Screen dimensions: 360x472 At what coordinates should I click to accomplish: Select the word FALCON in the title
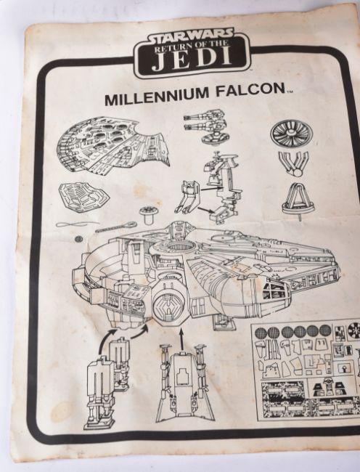(250, 89)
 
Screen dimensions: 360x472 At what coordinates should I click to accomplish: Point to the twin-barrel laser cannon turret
(207, 127)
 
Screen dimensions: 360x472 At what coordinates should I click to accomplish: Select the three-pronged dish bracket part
(293, 163)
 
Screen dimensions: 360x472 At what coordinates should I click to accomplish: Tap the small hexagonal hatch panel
(84, 193)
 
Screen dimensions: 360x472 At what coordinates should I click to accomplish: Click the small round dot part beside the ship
(78, 239)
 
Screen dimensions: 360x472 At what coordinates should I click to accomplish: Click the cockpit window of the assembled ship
(274, 290)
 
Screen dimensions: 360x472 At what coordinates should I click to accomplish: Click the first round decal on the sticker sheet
(261, 333)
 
